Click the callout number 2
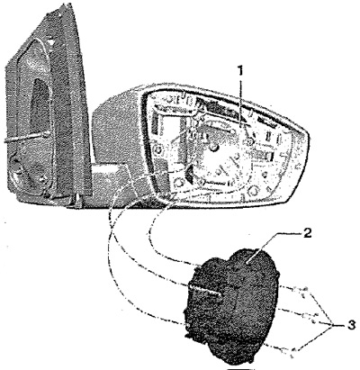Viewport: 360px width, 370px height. point(308,234)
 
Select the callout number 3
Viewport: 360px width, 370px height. point(351,325)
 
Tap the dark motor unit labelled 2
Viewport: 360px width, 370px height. point(232,303)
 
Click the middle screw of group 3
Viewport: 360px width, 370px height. point(308,316)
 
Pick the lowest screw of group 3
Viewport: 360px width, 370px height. point(291,350)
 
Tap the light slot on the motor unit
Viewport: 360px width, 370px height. point(205,290)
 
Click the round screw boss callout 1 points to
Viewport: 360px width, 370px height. point(250,141)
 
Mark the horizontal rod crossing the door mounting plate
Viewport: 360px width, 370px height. point(26,138)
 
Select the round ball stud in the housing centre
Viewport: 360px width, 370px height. point(213,147)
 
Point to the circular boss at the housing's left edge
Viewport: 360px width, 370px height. point(158,149)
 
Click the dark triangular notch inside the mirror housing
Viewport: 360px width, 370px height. point(191,174)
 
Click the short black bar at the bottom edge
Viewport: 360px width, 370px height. point(238,368)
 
